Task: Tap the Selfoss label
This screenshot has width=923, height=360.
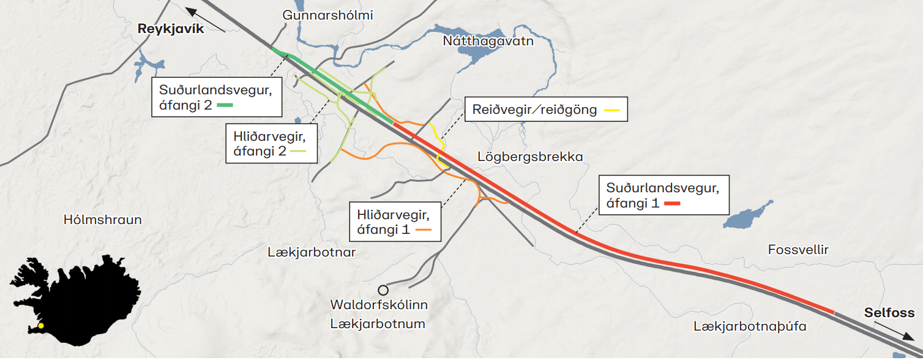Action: tap(889, 313)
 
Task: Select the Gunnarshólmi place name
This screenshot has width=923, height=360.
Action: tap(327, 15)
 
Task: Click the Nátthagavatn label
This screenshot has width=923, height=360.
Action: tap(488, 42)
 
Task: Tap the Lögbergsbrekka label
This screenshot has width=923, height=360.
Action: tap(530, 157)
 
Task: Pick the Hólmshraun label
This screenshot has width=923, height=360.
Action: tap(102, 220)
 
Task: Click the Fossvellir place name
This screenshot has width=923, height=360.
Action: tap(798, 250)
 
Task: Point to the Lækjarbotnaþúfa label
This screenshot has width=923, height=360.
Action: tap(750, 327)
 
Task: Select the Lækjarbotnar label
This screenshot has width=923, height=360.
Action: tap(312, 252)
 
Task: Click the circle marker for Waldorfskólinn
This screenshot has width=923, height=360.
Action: tap(383, 290)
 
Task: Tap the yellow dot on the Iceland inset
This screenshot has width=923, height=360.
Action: tap(41, 326)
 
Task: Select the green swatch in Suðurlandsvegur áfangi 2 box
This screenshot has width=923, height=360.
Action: tap(225, 105)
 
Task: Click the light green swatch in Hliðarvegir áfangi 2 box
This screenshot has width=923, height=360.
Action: tap(298, 151)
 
